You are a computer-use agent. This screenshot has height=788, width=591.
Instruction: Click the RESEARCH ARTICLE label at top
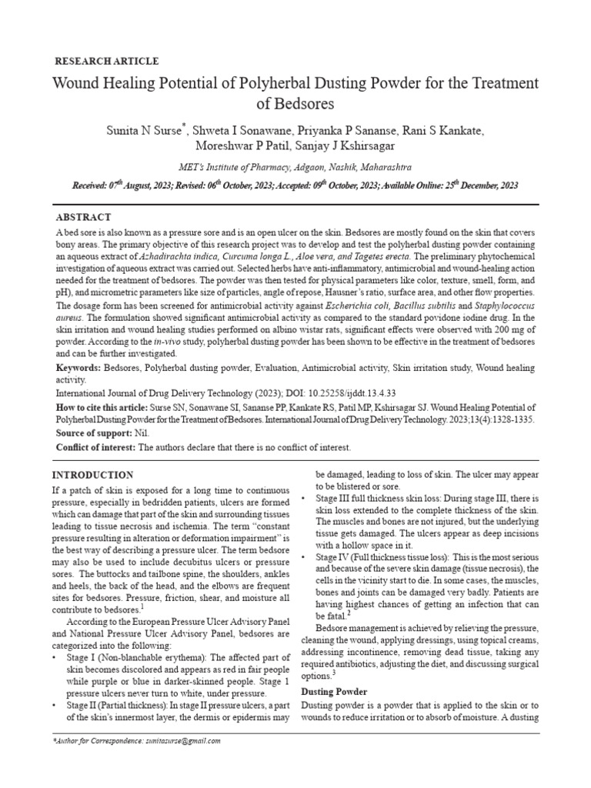tap(107, 61)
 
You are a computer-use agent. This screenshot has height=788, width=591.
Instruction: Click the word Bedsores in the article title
tap(301, 104)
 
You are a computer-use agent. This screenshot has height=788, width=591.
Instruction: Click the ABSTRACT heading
tap(84, 218)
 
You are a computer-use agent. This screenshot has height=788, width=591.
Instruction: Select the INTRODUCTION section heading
tap(92, 475)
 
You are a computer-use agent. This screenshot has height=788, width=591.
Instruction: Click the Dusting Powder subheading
tap(334, 692)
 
